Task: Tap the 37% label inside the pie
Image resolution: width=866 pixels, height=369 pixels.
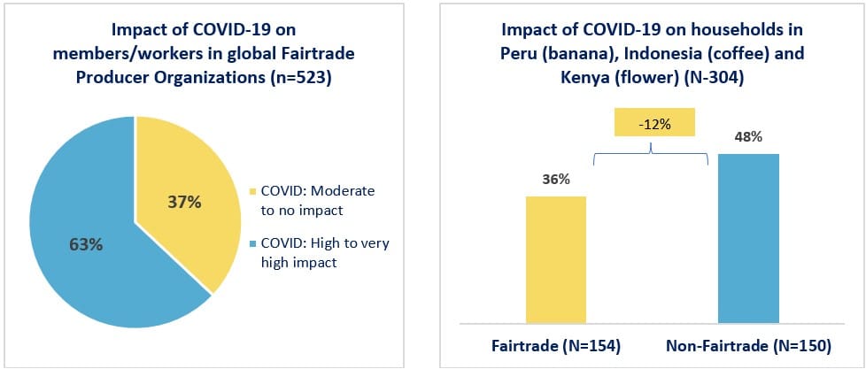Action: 184,203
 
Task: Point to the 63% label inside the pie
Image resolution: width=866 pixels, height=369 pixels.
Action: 86,244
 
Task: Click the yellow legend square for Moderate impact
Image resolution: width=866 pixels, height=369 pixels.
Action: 253,192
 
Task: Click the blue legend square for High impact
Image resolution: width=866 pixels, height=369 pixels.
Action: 253,244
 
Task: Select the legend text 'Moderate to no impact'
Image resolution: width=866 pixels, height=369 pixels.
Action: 317,201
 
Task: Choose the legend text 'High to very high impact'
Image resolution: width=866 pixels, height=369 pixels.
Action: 325,252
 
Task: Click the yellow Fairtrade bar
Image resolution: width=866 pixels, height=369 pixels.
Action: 555,259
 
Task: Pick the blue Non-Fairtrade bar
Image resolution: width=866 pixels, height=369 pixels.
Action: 748,238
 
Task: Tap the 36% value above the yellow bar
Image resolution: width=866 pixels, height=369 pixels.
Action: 555,180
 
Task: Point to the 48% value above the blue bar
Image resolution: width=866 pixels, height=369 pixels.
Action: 748,137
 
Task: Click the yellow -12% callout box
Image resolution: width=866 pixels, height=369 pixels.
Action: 653,125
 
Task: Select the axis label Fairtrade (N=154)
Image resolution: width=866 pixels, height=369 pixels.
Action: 556,346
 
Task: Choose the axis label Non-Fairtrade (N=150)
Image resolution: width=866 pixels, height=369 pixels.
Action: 748,346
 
